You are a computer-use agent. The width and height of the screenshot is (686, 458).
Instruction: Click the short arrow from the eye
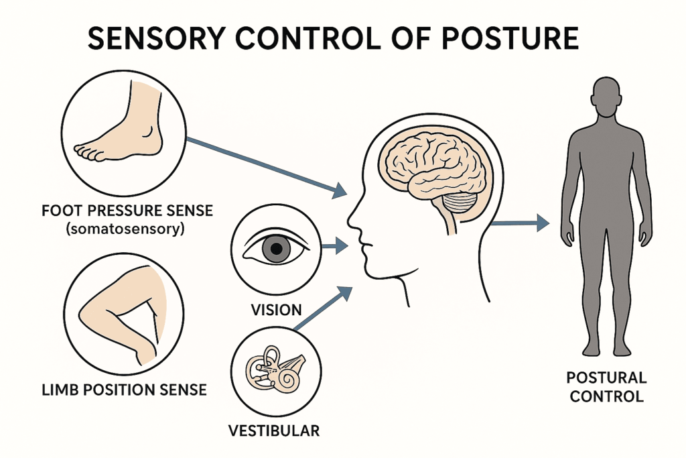[334, 247]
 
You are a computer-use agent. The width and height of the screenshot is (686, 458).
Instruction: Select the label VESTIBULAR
[275, 430]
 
